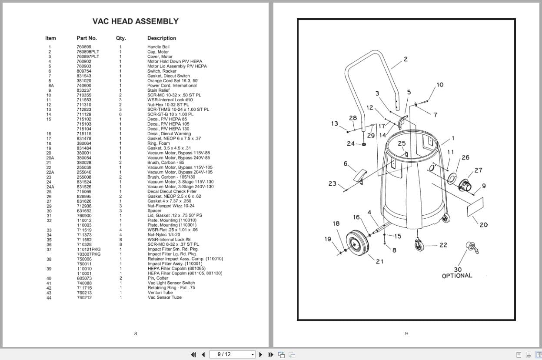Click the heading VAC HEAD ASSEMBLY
coord(136,21)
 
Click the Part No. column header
coord(86,38)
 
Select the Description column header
coord(161,38)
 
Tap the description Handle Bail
coord(158,47)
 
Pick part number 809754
coord(84,71)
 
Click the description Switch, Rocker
coord(162,71)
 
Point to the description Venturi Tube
coord(160,293)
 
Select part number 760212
coord(84,297)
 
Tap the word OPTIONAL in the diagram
coord(457,276)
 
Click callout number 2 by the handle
coord(406,59)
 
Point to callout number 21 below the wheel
coord(379,261)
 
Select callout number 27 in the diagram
coord(478,170)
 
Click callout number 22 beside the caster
coord(443,245)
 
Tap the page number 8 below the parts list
coord(136,333)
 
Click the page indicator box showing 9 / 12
coord(232,354)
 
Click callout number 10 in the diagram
coord(440,85)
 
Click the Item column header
coord(50,38)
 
